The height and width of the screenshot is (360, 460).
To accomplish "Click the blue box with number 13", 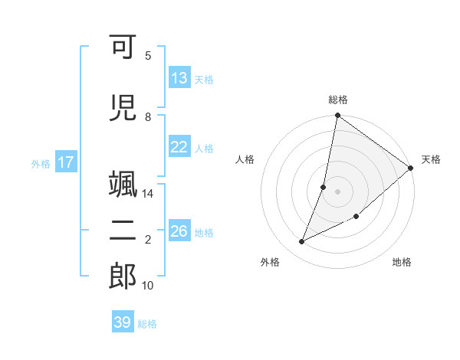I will pos(179,78).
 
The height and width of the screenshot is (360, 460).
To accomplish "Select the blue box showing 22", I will pos(179,147).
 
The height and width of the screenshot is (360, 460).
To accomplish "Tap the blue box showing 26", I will pos(179,231).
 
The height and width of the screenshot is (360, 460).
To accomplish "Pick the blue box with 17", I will pos(65,162).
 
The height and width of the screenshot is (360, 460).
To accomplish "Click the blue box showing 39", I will pos(123,322).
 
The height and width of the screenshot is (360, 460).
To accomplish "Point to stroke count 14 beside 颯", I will pos(148,194).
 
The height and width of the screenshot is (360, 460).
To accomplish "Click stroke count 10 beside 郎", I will pos(148,286).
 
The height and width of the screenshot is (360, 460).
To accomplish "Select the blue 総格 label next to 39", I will pos(147,324).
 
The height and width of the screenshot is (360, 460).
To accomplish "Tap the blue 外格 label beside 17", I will pos(41,163).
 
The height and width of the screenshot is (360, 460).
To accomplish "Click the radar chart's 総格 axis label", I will pos(338,100).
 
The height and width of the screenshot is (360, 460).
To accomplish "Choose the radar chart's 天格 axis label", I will pos(431,159).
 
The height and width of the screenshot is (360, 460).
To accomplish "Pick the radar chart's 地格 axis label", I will pos(402,263).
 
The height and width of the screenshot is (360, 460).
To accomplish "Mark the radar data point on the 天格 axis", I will pos(411,168).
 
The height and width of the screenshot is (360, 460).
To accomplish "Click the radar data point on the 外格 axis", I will pos(302,242).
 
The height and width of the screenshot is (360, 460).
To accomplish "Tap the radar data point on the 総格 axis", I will pos(338,116).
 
